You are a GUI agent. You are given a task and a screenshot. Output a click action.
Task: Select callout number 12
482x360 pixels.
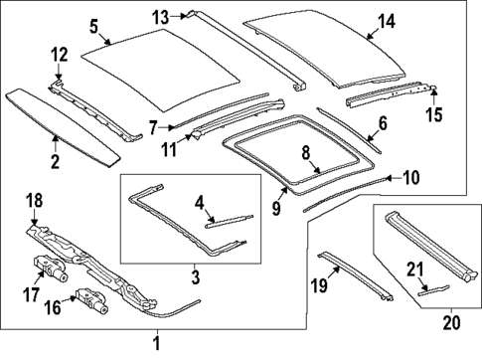60,55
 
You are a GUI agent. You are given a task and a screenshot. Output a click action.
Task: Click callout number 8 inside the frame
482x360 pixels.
306,153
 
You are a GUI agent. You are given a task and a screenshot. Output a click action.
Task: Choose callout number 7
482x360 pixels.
154,126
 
